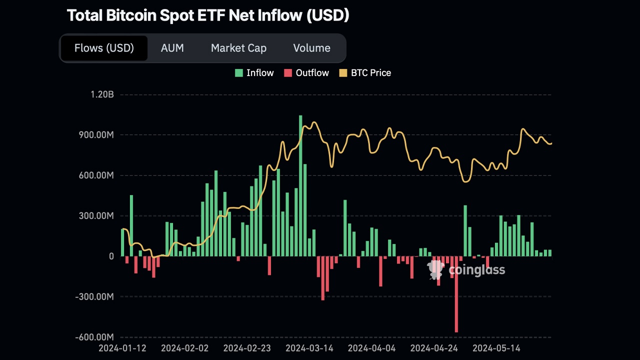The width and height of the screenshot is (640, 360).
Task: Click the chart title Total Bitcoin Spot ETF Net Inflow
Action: (208, 15)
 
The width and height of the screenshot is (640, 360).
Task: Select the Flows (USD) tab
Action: (104, 48)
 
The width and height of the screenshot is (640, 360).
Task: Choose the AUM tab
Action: (172, 48)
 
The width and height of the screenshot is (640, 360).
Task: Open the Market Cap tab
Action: (238, 48)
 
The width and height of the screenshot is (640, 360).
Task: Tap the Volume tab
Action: (311, 48)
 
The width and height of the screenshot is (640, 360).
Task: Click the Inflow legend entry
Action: (254, 73)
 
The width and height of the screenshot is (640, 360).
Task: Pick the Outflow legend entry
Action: (306, 73)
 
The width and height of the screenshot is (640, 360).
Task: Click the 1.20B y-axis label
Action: (102, 94)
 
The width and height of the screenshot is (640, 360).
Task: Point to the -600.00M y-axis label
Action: (94, 337)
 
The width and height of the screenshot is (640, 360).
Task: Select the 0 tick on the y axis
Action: (111, 256)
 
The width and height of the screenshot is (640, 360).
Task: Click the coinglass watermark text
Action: (476, 270)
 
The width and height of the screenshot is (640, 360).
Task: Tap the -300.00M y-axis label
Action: (94, 296)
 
